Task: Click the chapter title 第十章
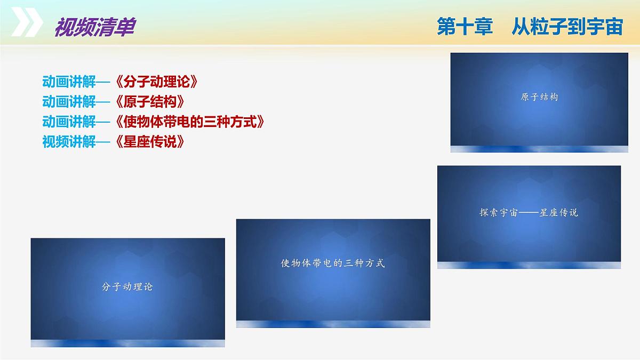point(465,27)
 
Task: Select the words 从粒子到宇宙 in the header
point(566,27)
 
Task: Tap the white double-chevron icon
point(27,23)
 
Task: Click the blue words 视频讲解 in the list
point(69,142)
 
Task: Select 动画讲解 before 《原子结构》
point(69,102)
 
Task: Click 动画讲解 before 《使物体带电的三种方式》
point(69,122)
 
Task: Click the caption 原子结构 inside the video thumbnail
point(539,98)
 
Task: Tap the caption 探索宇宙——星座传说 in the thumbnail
point(529,212)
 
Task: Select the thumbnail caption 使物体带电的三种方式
point(333,263)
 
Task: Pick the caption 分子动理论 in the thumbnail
point(127,286)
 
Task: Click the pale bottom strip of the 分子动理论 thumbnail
point(127,343)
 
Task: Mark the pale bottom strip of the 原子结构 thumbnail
point(539,149)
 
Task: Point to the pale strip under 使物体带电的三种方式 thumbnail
point(333,324)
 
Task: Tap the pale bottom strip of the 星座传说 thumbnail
point(529,265)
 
